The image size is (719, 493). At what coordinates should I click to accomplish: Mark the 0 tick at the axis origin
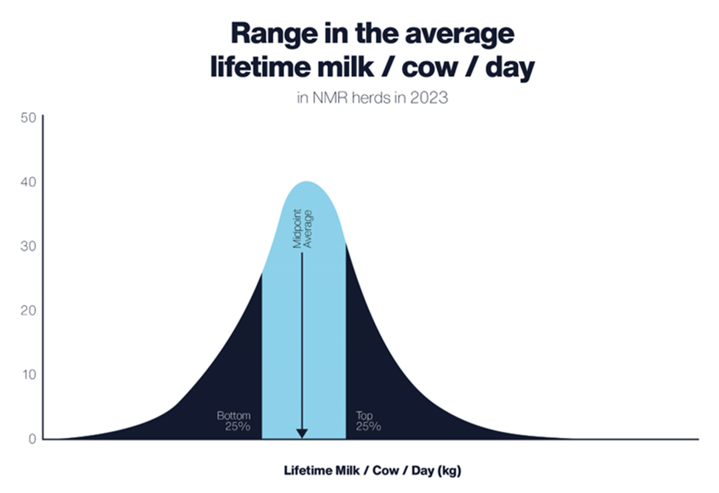pos(32,439)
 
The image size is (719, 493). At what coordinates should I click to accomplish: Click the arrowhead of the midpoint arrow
pos(302,433)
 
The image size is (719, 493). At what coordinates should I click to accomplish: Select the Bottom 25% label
pos(234,421)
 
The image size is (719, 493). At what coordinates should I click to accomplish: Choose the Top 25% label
pos(368,421)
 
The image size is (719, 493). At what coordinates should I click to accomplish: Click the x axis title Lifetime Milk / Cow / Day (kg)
pos(372,470)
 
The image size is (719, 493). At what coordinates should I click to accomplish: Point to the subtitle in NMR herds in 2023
pos(372,97)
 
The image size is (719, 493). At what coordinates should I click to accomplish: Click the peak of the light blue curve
pos(306,182)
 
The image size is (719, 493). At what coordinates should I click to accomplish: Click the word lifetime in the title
pos(264,68)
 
